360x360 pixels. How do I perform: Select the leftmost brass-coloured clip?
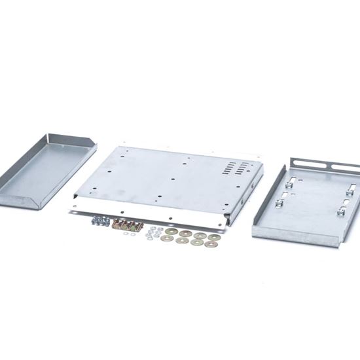coord(118,226)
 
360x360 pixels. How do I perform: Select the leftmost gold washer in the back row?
coord(171,232)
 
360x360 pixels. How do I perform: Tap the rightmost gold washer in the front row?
coord(211,245)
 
